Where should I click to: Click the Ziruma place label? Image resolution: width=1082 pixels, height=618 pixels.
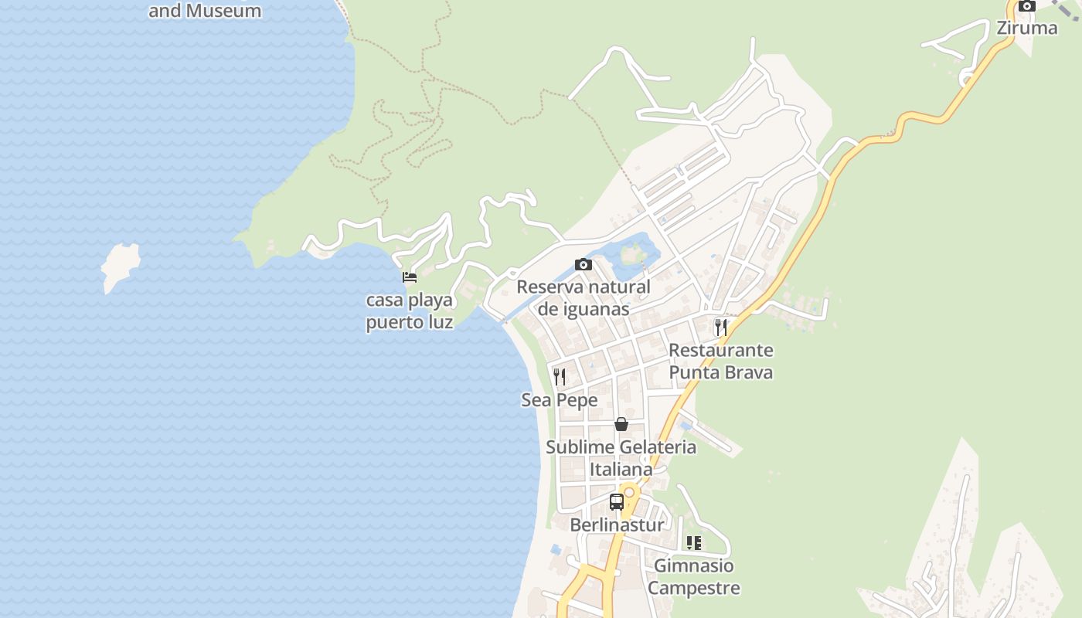(x=1026, y=28)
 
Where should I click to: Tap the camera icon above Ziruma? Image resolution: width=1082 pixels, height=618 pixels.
(x=1027, y=6)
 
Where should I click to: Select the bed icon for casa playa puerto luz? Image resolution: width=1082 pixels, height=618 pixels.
(x=410, y=277)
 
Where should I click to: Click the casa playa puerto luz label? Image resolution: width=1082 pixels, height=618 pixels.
(x=410, y=311)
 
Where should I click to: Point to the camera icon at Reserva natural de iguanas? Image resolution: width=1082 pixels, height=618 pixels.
(x=584, y=265)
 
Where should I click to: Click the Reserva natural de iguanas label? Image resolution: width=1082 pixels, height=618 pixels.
(x=584, y=297)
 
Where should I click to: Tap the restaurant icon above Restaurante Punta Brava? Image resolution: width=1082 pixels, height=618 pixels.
(x=721, y=327)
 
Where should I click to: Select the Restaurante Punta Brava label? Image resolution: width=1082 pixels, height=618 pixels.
(x=720, y=361)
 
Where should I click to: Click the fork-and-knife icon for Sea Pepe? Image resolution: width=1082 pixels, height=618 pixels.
(x=560, y=377)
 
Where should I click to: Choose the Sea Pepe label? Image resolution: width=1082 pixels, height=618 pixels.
(x=560, y=400)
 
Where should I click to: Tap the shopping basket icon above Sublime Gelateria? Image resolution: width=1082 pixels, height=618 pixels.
(x=621, y=424)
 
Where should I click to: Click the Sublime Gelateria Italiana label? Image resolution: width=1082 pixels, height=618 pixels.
(x=621, y=457)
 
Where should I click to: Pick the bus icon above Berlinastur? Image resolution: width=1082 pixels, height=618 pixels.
(x=616, y=502)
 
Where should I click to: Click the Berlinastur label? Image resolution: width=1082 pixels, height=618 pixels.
(x=617, y=525)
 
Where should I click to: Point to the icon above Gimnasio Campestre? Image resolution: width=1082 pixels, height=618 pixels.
(x=694, y=543)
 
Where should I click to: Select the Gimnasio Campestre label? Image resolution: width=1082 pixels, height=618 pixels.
(x=694, y=576)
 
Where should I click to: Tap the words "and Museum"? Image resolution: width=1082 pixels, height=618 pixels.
(x=205, y=11)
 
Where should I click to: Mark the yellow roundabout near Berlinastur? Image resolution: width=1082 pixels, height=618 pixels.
(x=630, y=491)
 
